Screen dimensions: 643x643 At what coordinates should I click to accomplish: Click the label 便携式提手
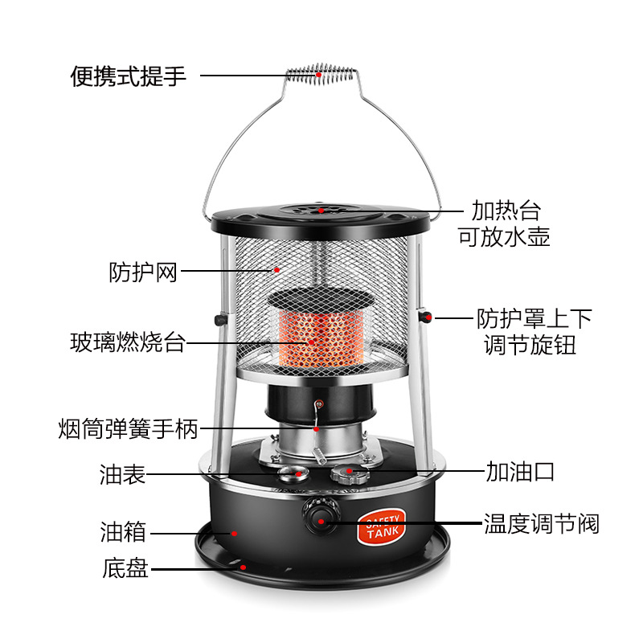tap(129, 76)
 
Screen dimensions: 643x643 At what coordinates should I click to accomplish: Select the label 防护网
tap(143, 272)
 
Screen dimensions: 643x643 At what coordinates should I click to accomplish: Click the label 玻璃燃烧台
tap(128, 343)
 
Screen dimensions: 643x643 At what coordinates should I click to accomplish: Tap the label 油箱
tap(123, 532)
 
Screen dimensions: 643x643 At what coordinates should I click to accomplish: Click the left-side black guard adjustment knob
tap(219, 320)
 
